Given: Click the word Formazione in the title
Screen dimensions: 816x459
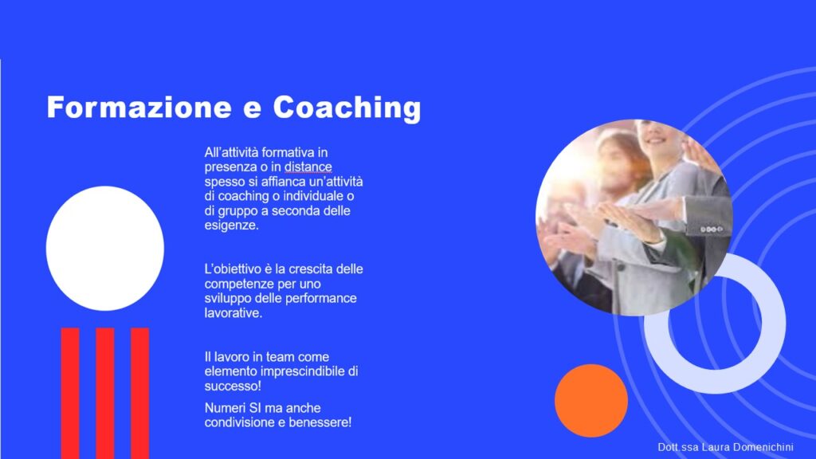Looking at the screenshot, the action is pyautogui.click(x=139, y=108).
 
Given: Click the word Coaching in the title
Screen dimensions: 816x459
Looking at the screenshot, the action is pyautogui.click(x=347, y=108).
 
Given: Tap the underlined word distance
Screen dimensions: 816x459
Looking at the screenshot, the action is pyautogui.click(x=308, y=167).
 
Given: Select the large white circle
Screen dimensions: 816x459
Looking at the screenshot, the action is pyautogui.click(x=105, y=249).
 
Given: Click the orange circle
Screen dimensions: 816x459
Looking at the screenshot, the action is pyautogui.click(x=591, y=401).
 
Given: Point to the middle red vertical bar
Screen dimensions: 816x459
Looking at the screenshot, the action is pyautogui.click(x=105, y=394).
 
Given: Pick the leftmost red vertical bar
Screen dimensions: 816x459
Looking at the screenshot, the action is pyautogui.click(x=70, y=394).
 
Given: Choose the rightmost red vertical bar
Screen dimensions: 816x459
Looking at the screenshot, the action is pyautogui.click(x=140, y=394).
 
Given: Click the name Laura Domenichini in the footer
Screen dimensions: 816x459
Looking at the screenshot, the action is pyautogui.click(x=747, y=447).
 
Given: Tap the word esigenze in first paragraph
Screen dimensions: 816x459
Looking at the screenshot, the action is pyautogui.click(x=231, y=226).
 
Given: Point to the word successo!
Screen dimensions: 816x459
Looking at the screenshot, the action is pyautogui.click(x=233, y=386).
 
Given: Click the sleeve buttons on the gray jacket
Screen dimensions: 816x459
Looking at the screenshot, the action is pyautogui.click(x=711, y=229).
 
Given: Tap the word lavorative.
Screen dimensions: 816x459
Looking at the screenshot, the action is pyautogui.click(x=233, y=313).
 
